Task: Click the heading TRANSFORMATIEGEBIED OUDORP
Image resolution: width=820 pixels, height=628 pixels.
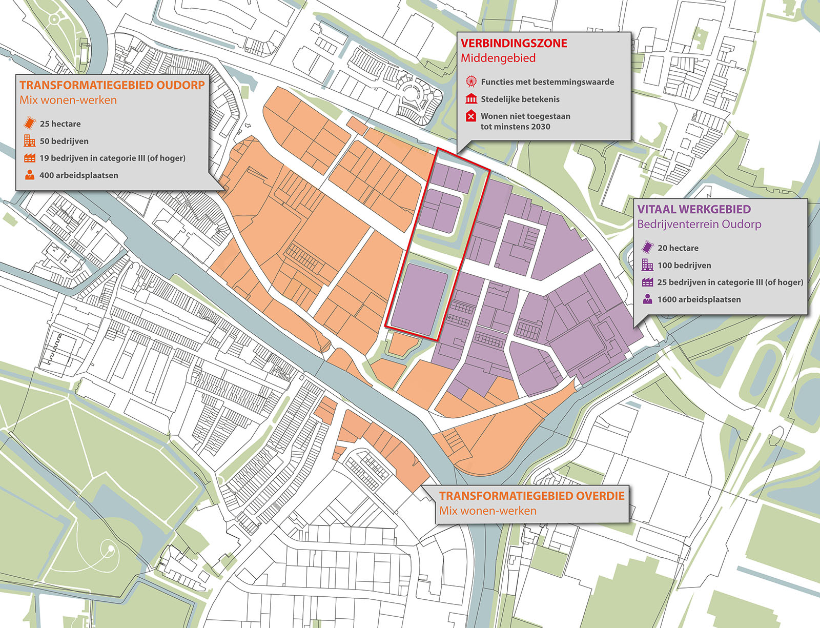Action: pyautogui.click(x=112, y=85)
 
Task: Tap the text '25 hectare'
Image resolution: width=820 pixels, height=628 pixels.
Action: pyautogui.click(x=60, y=124)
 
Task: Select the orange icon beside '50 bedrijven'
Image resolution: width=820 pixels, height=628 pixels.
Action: pyautogui.click(x=30, y=141)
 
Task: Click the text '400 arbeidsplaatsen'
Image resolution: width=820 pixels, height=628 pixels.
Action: pyautogui.click(x=78, y=175)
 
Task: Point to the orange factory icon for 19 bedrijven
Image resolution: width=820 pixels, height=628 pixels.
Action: pyautogui.click(x=30, y=158)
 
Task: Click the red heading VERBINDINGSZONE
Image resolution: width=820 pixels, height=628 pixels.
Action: pyautogui.click(x=514, y=44)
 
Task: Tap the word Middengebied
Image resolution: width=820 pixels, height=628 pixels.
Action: pyautogui.click(x=498, y=58)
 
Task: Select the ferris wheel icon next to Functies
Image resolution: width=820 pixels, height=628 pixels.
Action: pyautogui.click(x=471, y=82)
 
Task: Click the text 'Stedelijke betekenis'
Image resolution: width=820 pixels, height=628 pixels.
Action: pyautogui.click(x=520, y=99)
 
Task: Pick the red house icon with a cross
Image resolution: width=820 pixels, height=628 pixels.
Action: pyautogui.click(x=471, y=116)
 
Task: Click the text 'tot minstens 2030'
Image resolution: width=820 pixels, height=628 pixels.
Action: pyautogui.click(x=515, y=127)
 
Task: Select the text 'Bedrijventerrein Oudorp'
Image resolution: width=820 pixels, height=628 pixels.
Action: pyautogui.click(x=699, y=224)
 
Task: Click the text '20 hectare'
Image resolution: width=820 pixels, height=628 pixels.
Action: pyautogui.click(x=678, y=248)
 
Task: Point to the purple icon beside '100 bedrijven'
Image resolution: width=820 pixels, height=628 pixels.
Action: pyautogui.click(x=647, y=265)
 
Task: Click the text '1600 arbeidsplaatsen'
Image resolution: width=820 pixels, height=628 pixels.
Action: pyautogui.click(x=699, y=299)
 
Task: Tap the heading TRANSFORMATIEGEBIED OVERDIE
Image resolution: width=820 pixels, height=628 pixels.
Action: pyautogui.click(x=531, y=496)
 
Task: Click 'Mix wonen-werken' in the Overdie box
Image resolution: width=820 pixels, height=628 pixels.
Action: pyautogui.click(x=487, y=511)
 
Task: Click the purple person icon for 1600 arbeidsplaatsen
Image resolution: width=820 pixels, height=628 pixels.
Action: pyautogui.click(x=647, y=299)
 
